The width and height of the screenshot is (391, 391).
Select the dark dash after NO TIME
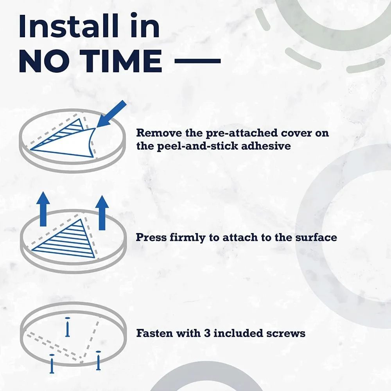point(197,61)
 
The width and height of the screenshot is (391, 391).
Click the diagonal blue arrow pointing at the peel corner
point(111,114)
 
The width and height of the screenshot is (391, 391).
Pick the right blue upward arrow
point(102,212)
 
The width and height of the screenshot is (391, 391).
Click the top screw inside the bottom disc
point(67,327)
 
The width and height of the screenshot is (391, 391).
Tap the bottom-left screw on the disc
point(52,364)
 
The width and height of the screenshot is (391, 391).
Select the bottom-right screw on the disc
point(98,361)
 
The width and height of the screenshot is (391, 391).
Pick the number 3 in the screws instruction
point(207,334)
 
